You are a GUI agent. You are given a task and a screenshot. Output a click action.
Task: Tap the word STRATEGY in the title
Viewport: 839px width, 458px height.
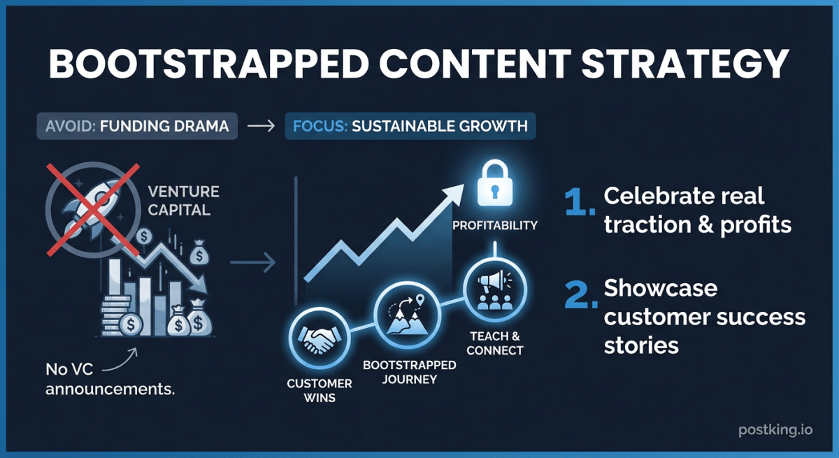pos(685,64)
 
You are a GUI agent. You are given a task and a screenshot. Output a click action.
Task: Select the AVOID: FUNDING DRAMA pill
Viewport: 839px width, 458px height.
pos(137,126)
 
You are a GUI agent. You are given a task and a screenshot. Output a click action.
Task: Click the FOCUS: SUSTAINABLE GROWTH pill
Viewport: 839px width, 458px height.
pos(410,126)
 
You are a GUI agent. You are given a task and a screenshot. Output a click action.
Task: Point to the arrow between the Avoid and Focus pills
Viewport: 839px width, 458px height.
pos(261,126)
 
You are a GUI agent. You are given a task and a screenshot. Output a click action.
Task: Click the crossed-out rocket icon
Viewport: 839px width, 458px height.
pos(93,210)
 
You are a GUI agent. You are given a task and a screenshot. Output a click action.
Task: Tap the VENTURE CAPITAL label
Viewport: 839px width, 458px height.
pos(183,201)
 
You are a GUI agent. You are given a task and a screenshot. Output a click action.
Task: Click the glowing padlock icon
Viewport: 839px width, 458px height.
pos(495,183)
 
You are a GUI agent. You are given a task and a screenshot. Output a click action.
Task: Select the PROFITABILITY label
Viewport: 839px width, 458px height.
pos(495,225)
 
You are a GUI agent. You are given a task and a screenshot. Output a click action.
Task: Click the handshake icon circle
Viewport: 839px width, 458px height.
pos(319,338)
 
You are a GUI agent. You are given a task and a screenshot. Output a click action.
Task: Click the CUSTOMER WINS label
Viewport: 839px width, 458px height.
pos(320,390)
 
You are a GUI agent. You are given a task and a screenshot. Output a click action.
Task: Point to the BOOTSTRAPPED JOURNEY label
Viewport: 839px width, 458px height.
pos(410,372)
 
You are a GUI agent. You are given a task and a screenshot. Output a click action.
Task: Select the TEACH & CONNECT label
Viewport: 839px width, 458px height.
pos(495,343)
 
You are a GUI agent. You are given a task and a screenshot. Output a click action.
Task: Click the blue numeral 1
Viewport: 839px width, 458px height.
pos(579,202)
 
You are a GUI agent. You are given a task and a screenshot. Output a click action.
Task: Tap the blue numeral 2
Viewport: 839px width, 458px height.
pos(580,295)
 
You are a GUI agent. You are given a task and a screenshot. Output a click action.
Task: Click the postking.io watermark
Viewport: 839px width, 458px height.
pos(775,429)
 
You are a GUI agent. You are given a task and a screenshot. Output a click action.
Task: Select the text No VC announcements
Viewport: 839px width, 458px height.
pos(110,380)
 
